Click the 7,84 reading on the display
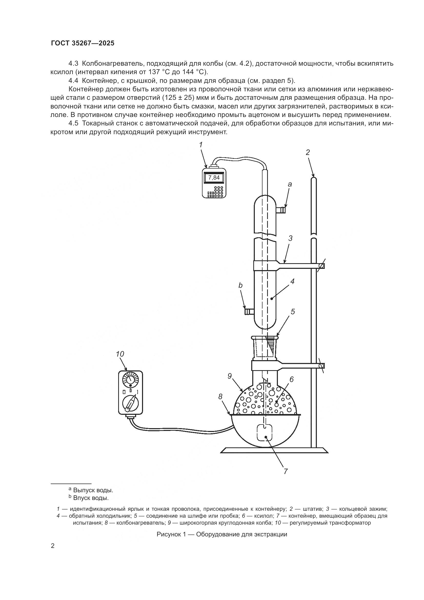[x=214, y=178]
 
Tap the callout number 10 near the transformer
[x=120, y=354]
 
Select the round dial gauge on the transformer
[x=130, y=379]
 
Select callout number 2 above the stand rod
[x=308, y=152]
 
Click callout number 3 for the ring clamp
[x=290, y=238]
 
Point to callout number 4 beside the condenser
[x=292, y=281]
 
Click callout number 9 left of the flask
[x=229, y=376]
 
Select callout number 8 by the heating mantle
[x=220, y=396]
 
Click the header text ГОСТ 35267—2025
[x=83, y=43]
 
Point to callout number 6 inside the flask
[x=291, y=379]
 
